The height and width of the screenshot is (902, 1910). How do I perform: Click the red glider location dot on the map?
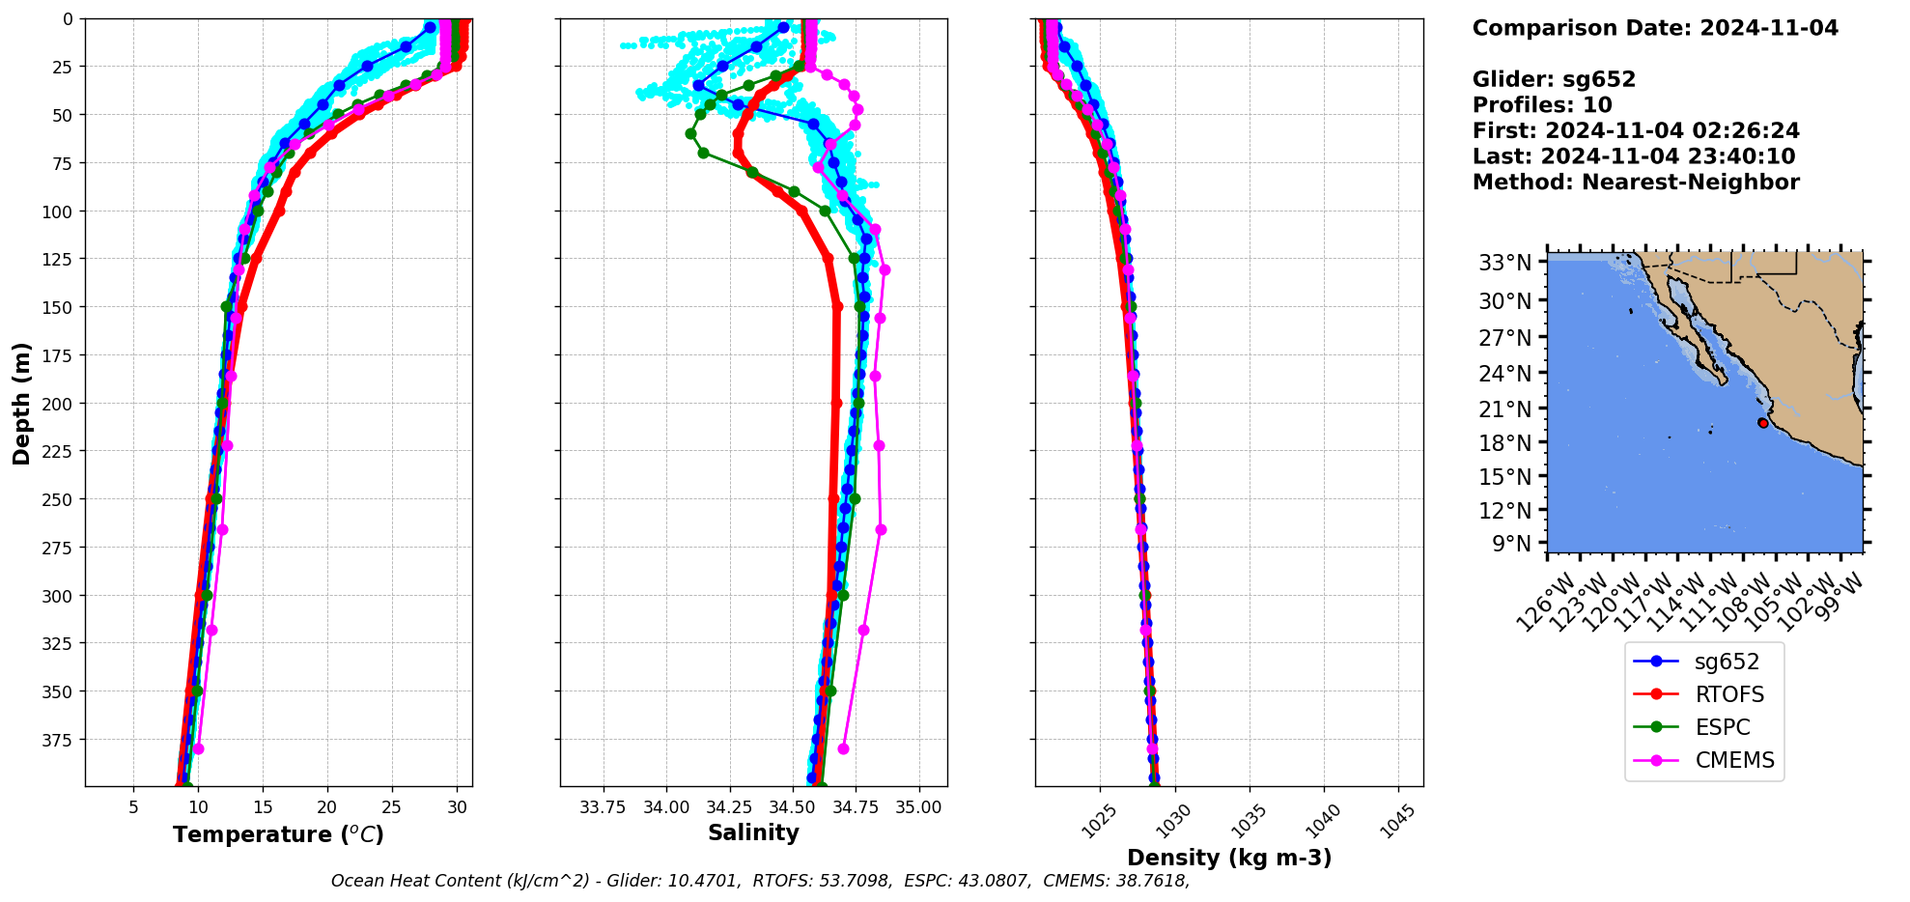(x=1763, y=423)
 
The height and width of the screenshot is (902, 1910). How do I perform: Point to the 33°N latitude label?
(x=1504, y=263)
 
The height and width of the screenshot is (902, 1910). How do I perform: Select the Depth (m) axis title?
(x=22, y=403)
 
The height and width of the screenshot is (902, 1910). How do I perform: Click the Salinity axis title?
(x=753, y=832)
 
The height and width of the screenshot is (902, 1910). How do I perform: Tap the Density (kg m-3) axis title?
(x=1229, y=858)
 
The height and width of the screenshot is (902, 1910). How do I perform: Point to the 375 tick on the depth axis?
(x=56, y=740)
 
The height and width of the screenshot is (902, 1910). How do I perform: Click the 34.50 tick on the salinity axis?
(x=792, y=807)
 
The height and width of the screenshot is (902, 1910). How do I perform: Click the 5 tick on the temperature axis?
(x=133, y=807)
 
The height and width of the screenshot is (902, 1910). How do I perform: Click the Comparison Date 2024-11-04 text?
(x=1655, y=28)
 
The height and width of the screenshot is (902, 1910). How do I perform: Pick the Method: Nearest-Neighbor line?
(x=1636, y=183)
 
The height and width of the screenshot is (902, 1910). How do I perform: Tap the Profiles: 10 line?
(x=1542, y=105)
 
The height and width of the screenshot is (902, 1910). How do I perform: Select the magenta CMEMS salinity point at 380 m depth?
(x=843, y=748)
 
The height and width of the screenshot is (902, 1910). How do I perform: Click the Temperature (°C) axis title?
(x=278, y=834)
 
